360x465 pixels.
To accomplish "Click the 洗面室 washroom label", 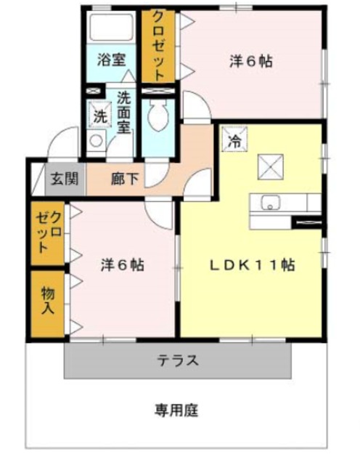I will tap(123, 112).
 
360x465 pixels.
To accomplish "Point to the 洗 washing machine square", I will tap(98, 114).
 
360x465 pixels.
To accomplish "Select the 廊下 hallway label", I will tap(123, 177).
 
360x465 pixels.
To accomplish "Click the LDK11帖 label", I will tap(252, 265).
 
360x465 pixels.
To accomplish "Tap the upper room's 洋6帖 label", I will tap(251, 62).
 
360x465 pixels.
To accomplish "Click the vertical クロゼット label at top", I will tap(157, 45).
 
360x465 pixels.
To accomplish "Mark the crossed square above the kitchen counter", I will tap(271, 167).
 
